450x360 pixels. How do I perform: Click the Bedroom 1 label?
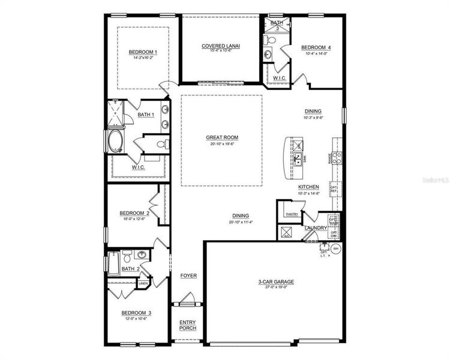pyautogui.click(x=143, y=52)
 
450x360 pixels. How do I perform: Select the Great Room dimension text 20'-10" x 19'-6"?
pyautogui.click(x=222, y=144)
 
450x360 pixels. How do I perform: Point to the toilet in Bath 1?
pyautogui.click(x=160, y=144)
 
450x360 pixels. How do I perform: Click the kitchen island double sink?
pyautogui.click(x=298, y=158)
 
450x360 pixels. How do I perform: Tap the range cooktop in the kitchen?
pyautogui.click(x=337, y=158)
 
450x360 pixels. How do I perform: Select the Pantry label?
pyautogui.click(x=292, y=214)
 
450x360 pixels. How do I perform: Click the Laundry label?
pyautogui.click(x=316, y=228)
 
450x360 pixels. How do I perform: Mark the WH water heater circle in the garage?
pyautogui.click(x=336, y=248)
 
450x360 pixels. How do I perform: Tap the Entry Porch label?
pyautogui.click(x=188, y=325)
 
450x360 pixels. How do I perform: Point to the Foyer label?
pyautogui.click(x=188, y=275)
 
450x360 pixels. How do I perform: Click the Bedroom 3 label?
pyautogui.click(x=136, y=313)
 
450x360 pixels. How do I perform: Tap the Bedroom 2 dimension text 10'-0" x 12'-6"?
pyautogui.click(x=134, y=219)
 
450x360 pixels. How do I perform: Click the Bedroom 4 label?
pyautogui.click(x=316, y=47)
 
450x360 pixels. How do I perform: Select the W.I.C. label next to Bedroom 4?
pyautogui.click(x=279, y=78)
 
